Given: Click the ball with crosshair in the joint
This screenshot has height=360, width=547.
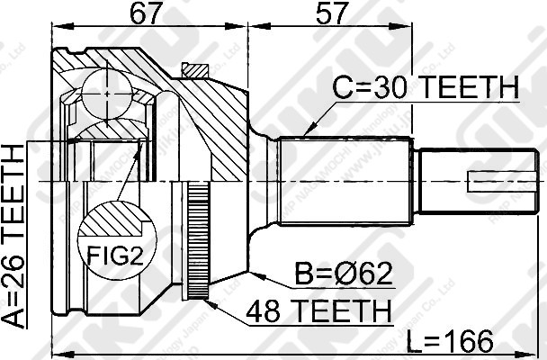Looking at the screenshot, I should (106, 91).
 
